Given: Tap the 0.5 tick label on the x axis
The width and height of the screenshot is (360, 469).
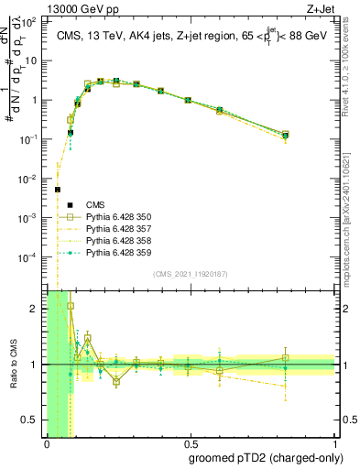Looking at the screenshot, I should coord(189,443).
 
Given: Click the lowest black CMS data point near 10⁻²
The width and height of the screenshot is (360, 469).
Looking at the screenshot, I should coord(58,190).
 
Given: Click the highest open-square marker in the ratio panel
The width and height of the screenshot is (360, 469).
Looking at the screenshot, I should coord(71,306).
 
